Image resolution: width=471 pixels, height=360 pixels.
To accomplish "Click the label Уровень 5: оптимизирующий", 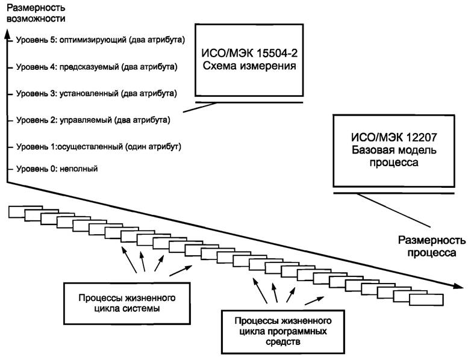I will click(100, 40).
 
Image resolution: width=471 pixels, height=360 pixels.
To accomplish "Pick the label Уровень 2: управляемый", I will click(93, 120).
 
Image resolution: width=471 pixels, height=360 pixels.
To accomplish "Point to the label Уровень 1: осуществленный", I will click(99, 146).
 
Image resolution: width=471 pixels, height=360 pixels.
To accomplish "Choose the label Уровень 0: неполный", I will click(57, 169).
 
